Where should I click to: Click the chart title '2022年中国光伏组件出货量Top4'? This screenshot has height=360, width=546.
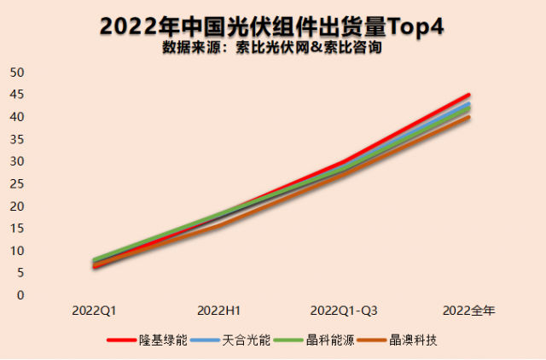pyautogui.click(x=272, y=26)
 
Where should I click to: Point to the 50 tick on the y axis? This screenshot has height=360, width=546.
pyautogui.click(x=16, y=72)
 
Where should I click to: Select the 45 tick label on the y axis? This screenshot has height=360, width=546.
pyautogui.click(x=16, y=94)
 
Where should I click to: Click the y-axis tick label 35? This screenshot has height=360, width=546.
pyautogui.click(x=16, y=139)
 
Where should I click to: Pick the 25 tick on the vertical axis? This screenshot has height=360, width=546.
pyautogui.click(x=16, y=183)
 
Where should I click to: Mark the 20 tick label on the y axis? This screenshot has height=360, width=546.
pyautogui.click(x=16, y=206)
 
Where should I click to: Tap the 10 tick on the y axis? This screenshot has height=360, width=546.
pyautogui.click(x=16, y=251)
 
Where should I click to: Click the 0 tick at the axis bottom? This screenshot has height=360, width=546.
pyautogui.click(x=20, y=295)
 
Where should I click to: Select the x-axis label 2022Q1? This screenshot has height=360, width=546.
pyautogui.click(x=94, y=310)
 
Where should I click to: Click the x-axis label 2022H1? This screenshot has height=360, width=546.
pyautogui.click(x=218, y=310)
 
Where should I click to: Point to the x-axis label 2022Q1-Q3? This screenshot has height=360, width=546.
pyautogui.click(x=344, y=310)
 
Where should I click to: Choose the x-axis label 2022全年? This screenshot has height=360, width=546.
pyautogui.click(x=468, y=310)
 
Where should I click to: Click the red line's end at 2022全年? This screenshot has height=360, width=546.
pyautogui.click(x=468, y=95)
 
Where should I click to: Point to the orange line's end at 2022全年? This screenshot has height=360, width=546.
pyautogui.click(x=468, y=117)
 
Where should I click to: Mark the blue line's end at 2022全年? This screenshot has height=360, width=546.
pyautogui.click(x=468, y=104)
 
